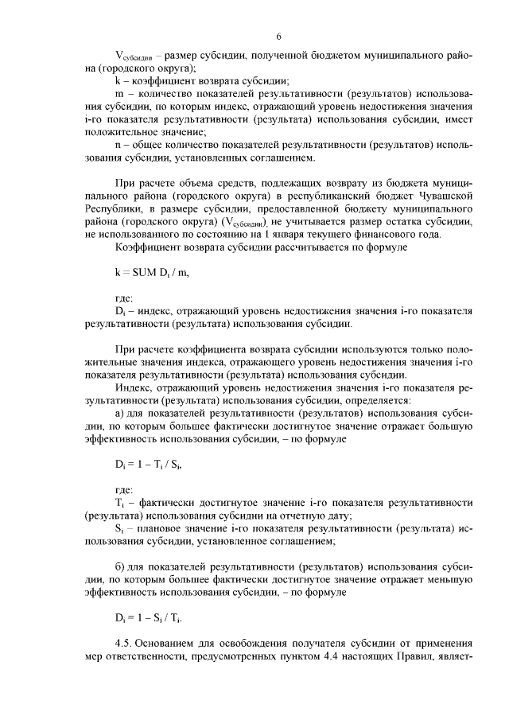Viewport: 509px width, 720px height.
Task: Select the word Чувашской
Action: point(446,195)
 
